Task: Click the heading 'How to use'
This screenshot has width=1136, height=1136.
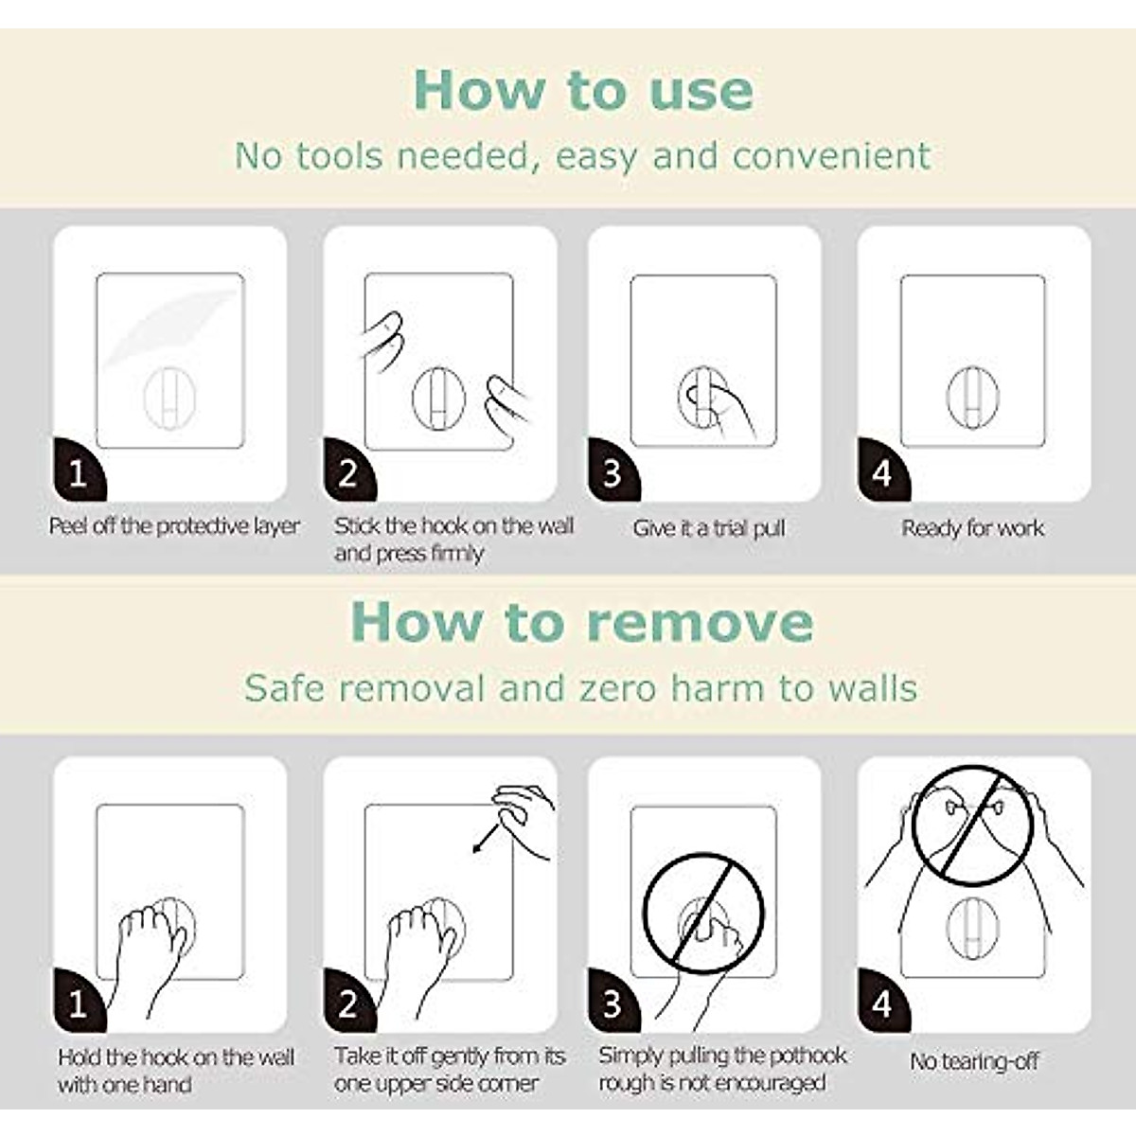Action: click(583, 90)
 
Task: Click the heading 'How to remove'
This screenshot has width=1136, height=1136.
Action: click(581, 622)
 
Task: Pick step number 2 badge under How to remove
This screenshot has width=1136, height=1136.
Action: click(347, 1004)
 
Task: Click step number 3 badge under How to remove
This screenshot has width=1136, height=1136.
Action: click(612, 1004)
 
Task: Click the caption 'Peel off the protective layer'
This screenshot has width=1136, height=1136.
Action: click(174, 526)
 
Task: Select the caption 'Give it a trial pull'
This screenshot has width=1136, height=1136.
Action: click(709, 528)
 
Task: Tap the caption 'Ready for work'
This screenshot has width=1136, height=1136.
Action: click(972, 528)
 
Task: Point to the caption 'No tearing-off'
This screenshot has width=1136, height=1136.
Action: click(974, 1061)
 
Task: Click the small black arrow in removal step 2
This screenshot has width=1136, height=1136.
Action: click(487, 839)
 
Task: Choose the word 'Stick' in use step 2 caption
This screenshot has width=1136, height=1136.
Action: click(356, 526)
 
